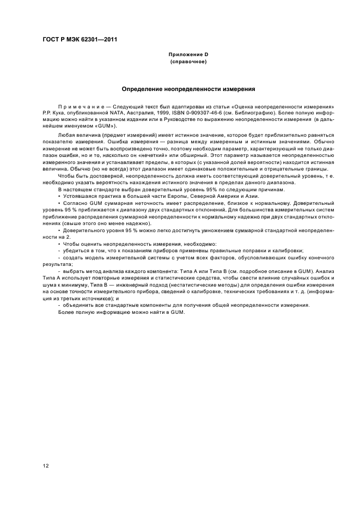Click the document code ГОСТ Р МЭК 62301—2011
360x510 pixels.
(79, 39)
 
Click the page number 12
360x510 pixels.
(46, 465)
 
